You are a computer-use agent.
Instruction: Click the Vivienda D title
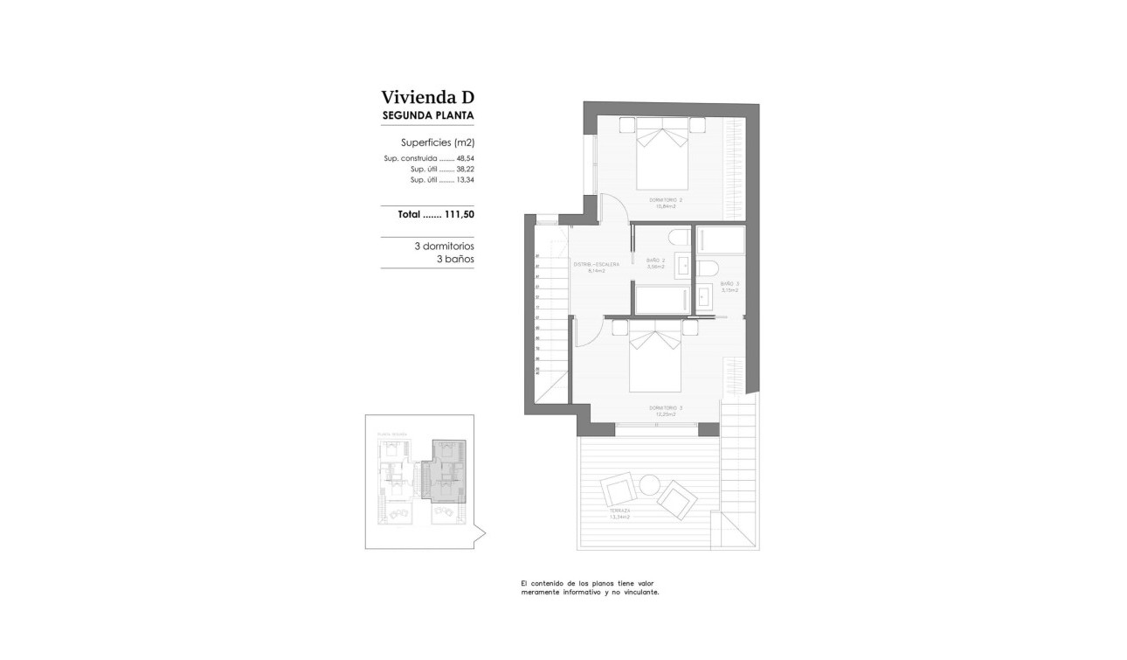click(x=427, y=97)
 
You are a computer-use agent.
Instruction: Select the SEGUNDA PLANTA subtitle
click(x=428, y=115)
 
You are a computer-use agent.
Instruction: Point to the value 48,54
click(x=465, y=158)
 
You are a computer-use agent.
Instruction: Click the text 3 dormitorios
click(x=444, y=247)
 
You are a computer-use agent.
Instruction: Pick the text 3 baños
click(x=454, y=259)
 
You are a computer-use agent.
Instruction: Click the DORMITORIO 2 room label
click(x=666, y=201)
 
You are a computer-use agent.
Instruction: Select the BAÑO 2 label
click(x=656, y=262)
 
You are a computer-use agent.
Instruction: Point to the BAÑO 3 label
click(x=729, y=286)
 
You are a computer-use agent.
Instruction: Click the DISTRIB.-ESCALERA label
click(x=597, y=266)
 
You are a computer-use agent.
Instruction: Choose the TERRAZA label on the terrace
click(x=619, y=513)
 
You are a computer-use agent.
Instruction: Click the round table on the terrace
click(x=649, y=483)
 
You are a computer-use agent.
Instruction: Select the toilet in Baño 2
click(x=678, y=238)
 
